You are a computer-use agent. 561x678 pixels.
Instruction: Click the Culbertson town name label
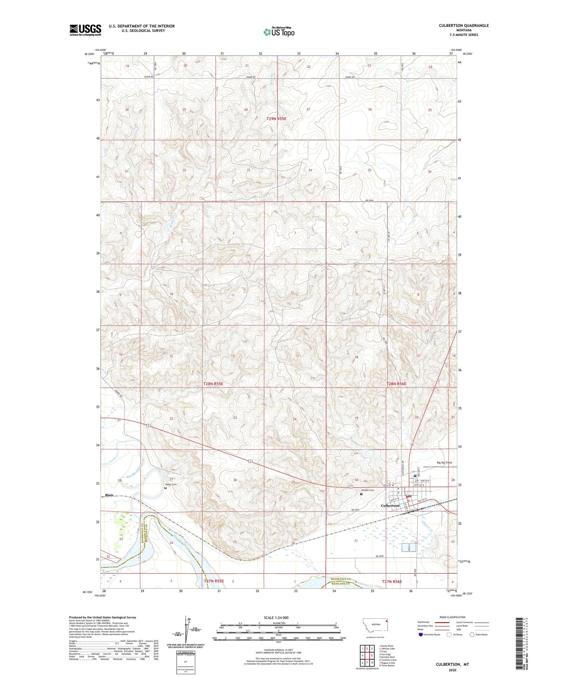pos(390,506)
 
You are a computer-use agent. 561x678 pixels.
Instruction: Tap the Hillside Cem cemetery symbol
pos(361,494)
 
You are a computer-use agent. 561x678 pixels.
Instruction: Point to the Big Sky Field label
pos(444,463)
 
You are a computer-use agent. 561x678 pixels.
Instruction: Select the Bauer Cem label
pos(171,484)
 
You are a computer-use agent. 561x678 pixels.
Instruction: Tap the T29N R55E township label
pos(279,119)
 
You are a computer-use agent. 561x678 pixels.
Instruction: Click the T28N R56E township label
pos(396,384)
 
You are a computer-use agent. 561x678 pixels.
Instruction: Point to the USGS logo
pos(85,30)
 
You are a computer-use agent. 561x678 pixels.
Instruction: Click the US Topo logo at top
pos(279,32)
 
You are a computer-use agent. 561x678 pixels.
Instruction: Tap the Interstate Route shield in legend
pos(421,634)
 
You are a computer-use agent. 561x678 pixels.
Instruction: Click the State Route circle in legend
pos(472,634)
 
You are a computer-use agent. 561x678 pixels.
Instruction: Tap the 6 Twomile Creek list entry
pos(388,660)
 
